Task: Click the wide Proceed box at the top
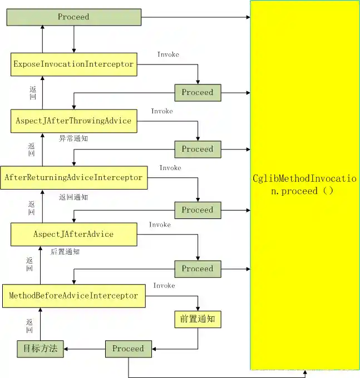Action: coord(73,17)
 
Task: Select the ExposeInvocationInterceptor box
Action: coord(73,64)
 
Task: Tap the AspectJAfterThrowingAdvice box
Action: coord(73,121)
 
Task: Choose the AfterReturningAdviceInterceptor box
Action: coord(73,177)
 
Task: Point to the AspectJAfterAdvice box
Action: coord(73,234)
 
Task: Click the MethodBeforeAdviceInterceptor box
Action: coord(73,296)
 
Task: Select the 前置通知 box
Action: coord(198,319)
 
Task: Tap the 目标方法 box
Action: coord(40,349)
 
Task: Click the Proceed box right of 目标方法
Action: coord(128,349)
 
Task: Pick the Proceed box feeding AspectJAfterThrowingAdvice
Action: coord(198,92)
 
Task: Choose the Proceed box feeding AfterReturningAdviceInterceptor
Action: coord(198,149)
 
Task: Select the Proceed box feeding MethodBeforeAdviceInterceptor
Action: coord(198,268)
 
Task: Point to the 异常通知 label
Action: coord(73,138)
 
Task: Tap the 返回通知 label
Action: coord(73,197)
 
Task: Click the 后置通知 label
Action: coord(65,252)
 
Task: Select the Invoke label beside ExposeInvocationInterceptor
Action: coord(168,54)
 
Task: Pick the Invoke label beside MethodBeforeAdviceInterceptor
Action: coord(164,286)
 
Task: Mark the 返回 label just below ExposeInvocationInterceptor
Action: coord(32,92)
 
